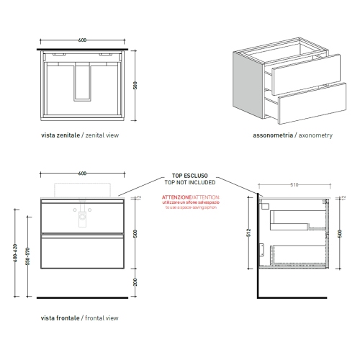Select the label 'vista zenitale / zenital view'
(79, 135)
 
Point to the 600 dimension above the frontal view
(83, 174)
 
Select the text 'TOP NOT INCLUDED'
(189, 182)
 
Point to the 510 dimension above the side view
(294, 185)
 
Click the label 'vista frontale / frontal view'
(79, 318)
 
